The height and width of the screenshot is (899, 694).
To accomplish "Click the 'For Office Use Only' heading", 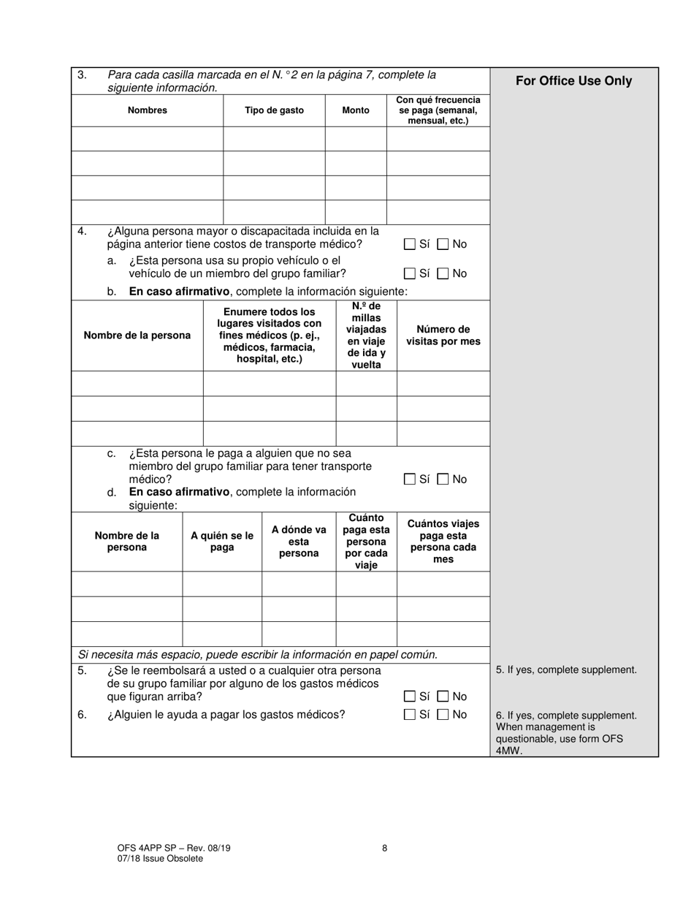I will tap(573, 81).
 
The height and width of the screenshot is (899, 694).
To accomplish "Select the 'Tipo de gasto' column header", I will tap(274, 110).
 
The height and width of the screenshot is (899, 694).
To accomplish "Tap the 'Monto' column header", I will tap(356, 110).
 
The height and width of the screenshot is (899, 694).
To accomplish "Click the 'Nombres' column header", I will tap(147, 110).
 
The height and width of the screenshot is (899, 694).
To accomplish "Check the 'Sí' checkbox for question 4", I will tap(409, 244).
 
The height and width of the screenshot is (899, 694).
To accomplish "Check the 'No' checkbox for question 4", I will tap(443, 244).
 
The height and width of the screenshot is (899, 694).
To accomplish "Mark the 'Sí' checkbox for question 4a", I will tap(409, 273).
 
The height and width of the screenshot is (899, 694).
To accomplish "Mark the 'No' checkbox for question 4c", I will tap(443, 479).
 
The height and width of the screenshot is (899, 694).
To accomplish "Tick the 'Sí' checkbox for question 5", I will tap(409, 697).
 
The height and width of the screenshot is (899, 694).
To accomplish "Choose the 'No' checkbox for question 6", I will tap(443, 715).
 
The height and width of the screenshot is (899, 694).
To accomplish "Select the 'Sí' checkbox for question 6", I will tap(409, 715).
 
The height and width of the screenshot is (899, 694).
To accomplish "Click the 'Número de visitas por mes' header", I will tap(443, 335).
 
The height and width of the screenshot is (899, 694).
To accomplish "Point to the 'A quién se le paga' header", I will tap(222, 542).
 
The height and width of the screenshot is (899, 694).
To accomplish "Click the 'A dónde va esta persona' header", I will tap(299, 542).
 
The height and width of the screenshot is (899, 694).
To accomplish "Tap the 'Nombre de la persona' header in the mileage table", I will tap(137, 335).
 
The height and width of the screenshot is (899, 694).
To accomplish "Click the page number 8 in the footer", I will tap(384, 849).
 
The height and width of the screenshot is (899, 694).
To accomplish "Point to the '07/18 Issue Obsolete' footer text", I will tap(160, 859).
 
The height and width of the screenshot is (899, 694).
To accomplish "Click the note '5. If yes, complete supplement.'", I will tap(566, 669).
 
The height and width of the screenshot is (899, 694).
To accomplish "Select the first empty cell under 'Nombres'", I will tap(147, 138).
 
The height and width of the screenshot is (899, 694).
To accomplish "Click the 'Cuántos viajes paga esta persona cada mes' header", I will tap(443, 542).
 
